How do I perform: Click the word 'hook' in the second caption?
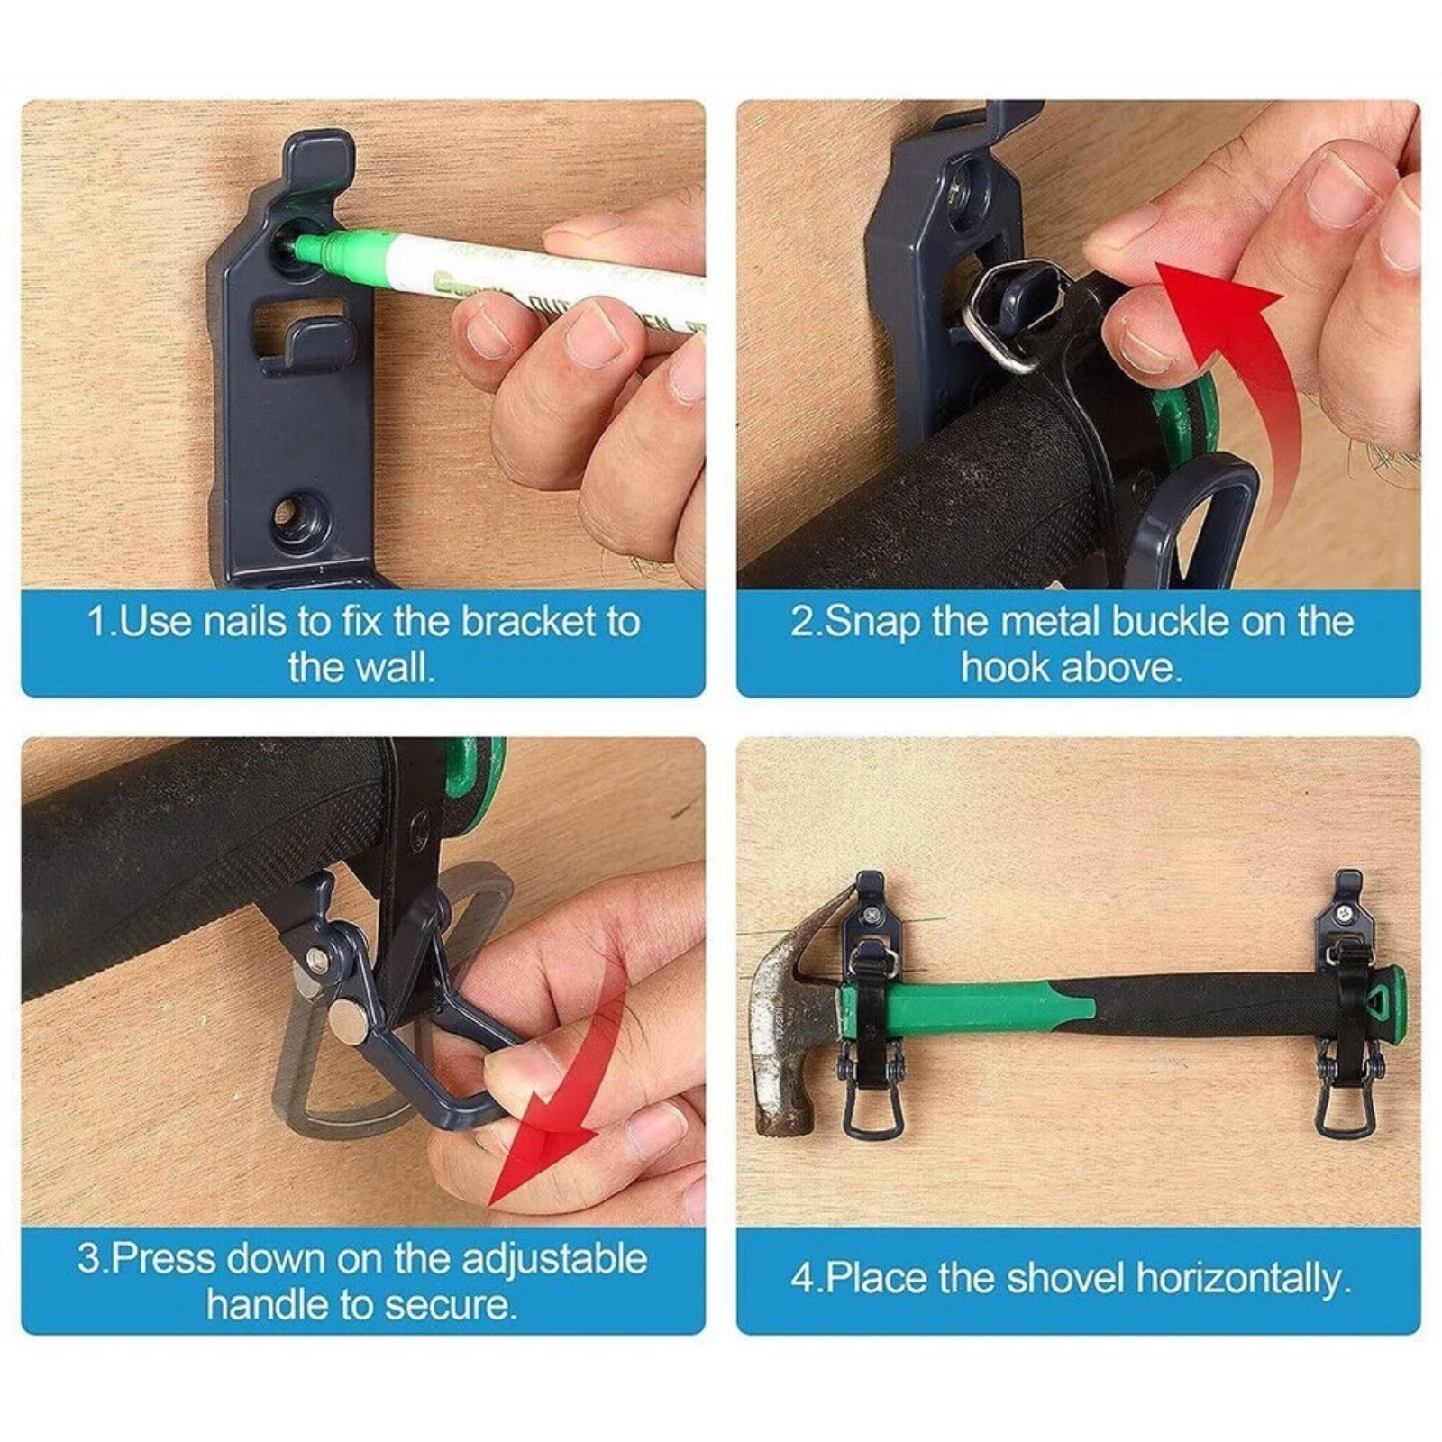point(1006,668)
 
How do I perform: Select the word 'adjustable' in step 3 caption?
point(555,1259)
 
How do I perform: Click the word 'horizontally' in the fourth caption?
point(1245,1280)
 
